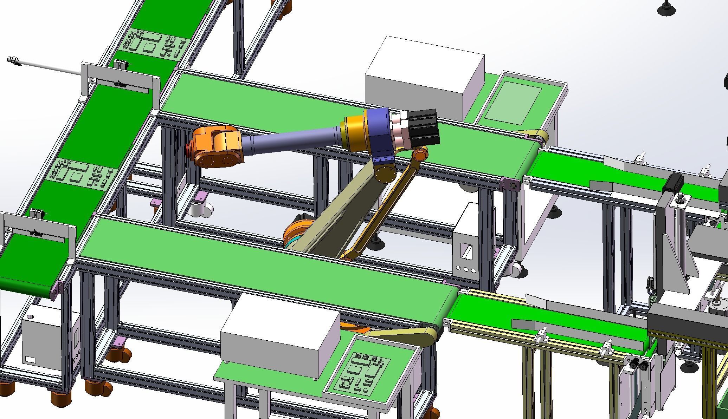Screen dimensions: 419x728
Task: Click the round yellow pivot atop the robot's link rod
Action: click(x=420, y=154)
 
